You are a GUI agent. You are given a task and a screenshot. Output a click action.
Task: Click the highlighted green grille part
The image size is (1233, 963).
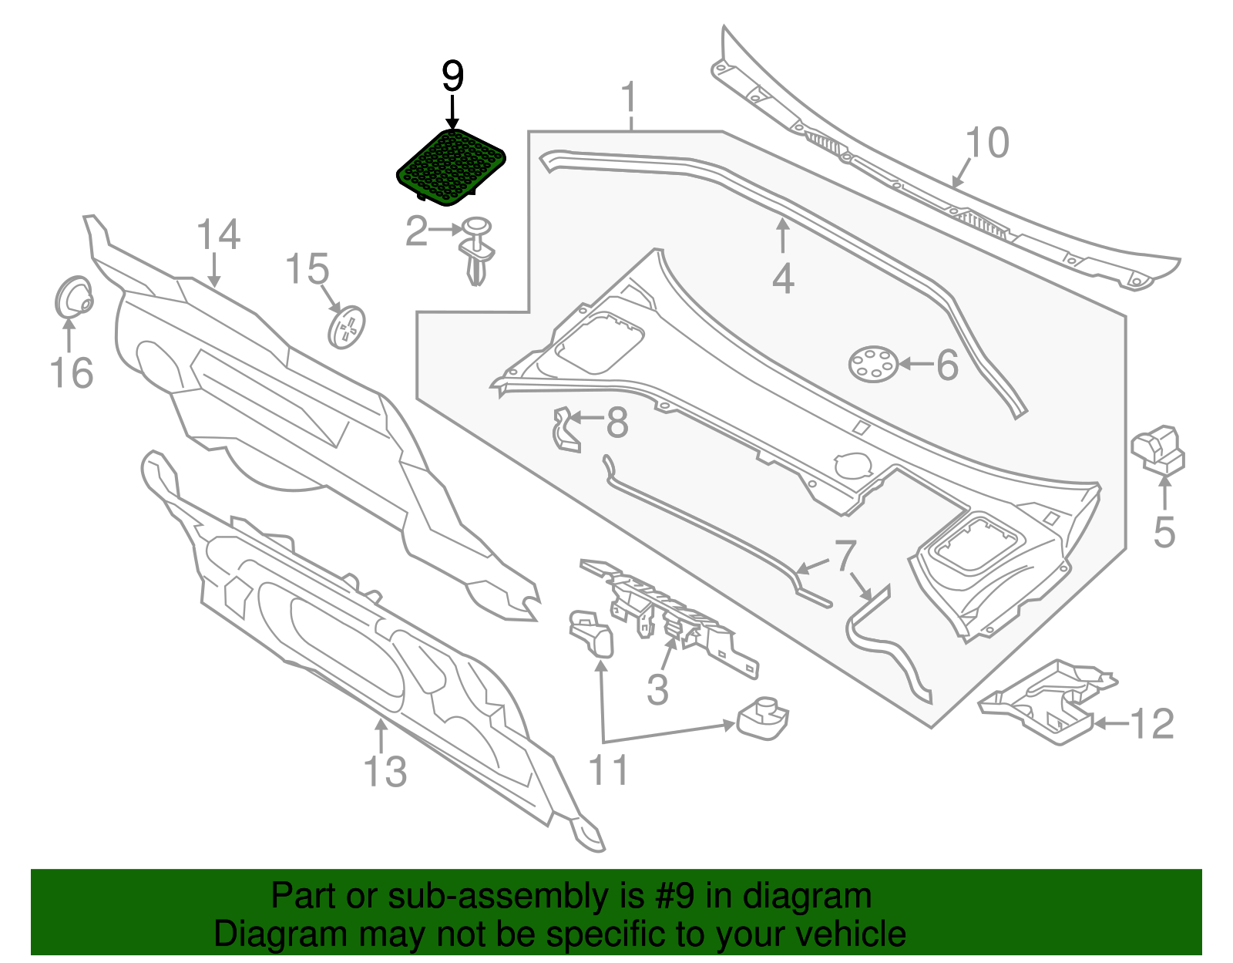coord(452,167)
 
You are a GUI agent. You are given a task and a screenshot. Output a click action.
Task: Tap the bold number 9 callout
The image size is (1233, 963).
coord(452,78)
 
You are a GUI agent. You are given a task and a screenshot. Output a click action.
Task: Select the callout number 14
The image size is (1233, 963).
coord(218,234)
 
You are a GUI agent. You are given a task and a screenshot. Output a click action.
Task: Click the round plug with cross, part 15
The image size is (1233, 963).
coord(346,327)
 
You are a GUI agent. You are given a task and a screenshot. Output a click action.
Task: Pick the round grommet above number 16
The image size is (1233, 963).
coord(75,297)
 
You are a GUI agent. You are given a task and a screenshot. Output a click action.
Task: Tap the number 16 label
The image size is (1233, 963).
coord(71,373)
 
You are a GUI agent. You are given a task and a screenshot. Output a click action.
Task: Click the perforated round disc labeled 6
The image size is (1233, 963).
coord(873,363)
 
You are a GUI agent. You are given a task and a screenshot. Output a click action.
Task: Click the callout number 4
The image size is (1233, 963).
coord(783,279)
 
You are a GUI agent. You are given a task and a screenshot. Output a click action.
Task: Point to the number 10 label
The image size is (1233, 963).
coord(986,143)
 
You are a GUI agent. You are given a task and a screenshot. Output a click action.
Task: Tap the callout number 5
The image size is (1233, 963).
coord(1164,532)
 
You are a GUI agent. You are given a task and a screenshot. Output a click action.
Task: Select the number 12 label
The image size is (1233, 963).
coord(1151,724)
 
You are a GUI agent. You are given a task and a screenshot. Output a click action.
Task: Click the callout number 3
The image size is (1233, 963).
coord(657,689)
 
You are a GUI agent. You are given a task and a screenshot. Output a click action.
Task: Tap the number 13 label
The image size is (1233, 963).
coord(385,771)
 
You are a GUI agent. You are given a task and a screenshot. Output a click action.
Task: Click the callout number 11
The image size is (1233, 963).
coord(609,769)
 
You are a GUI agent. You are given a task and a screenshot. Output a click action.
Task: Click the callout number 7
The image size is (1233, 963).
coord(845,555)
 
